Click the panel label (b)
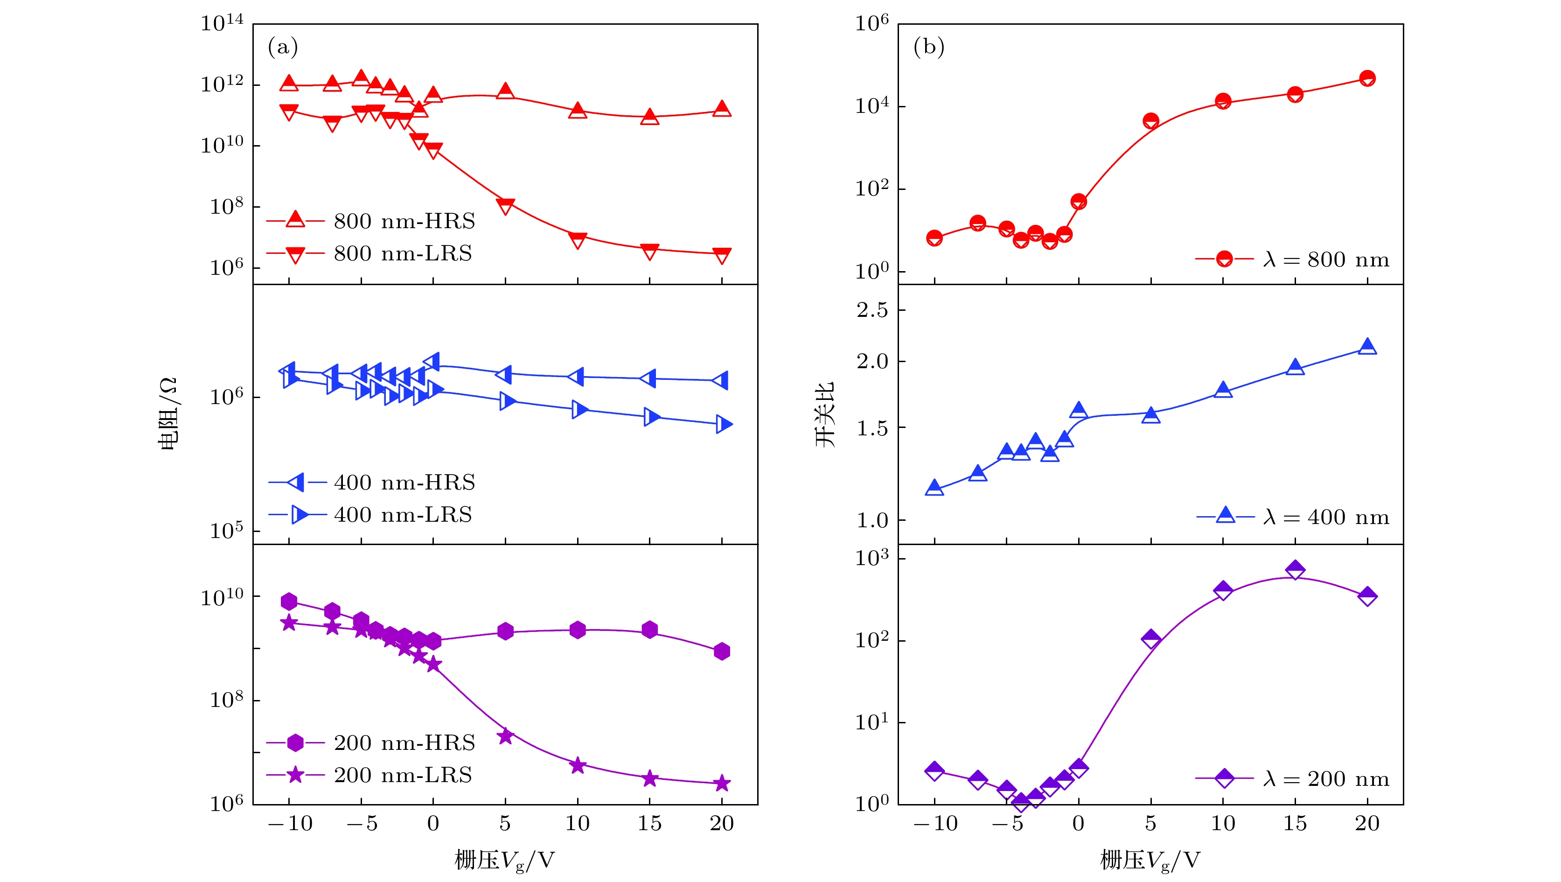(x=928, y=47)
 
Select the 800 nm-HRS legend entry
(x=371, y=221)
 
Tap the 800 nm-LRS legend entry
(x=369, y=253)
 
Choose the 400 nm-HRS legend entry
(x=371, y=483)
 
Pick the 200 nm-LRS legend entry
(x=369, y=775)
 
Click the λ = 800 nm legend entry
(x=1292, y=259)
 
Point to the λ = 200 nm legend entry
(x=1292, y=779)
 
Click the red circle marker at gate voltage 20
(x=1367, y=78)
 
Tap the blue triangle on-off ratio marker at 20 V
(x=1367, y=347)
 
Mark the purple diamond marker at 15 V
(x=1295, y=570)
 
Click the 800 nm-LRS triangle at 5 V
(x=505, y=206)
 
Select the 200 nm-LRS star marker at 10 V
(x=578, y=766)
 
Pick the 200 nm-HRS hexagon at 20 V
(x=722, y=651)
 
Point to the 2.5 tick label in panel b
(x=872, y=310)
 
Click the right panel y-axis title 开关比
(x=825, y=413)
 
